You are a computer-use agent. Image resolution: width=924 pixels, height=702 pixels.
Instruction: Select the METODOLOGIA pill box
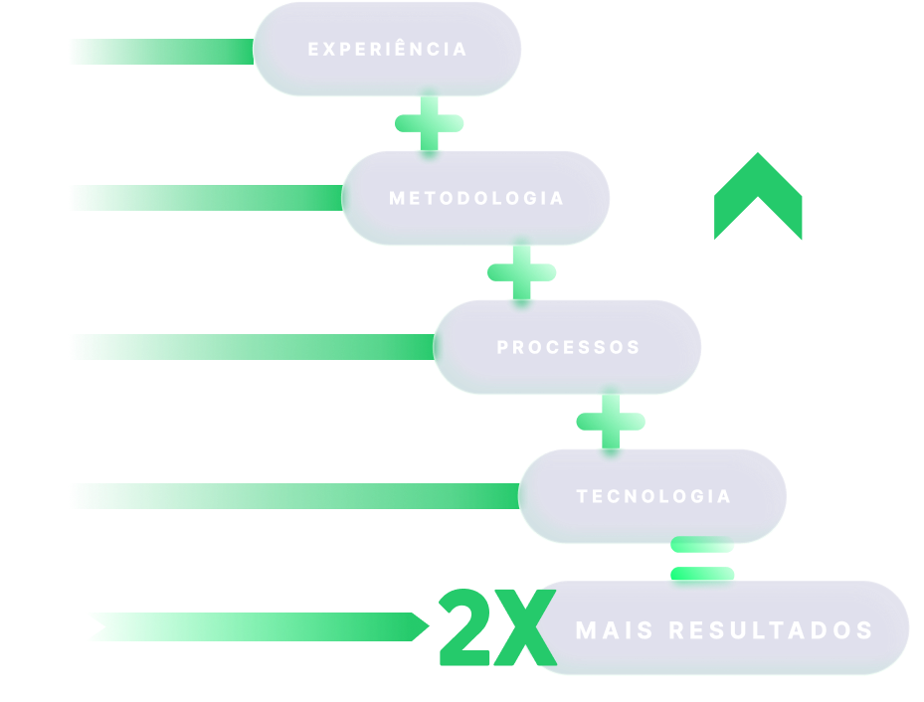(476, 198)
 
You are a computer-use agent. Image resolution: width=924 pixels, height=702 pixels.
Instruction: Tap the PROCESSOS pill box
(568, 347)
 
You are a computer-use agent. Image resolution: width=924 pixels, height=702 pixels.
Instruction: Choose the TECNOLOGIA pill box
(653, 496)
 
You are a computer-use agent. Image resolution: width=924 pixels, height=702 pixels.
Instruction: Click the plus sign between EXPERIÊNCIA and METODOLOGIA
(430, 123)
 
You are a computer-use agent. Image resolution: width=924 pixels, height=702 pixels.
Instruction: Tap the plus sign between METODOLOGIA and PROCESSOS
(521, 271)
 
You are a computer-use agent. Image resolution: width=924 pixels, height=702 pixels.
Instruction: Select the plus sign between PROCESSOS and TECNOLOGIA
(611, 422)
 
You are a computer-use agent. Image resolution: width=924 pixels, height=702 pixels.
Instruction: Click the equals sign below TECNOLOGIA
(702, 560)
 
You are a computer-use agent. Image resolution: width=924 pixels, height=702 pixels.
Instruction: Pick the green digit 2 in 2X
(467, 628)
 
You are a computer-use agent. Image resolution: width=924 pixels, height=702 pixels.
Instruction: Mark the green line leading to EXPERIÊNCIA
(159, 52)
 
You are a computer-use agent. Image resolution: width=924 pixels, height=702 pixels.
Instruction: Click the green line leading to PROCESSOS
(249, 347)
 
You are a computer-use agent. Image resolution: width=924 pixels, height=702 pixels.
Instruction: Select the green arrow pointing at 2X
(259, 626)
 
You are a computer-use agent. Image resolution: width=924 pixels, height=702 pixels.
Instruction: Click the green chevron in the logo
(758, 199)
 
